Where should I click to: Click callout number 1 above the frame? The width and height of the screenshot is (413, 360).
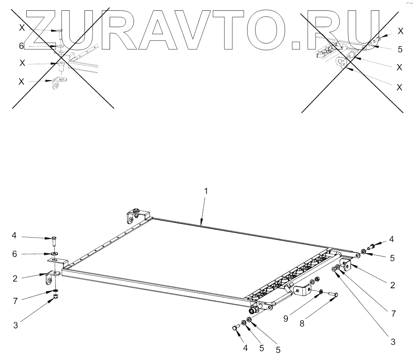click(x=206, y=192)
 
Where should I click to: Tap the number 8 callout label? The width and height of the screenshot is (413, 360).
click(x=302, y=324)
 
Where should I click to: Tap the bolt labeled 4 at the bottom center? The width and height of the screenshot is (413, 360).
click(x=235, y=328)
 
